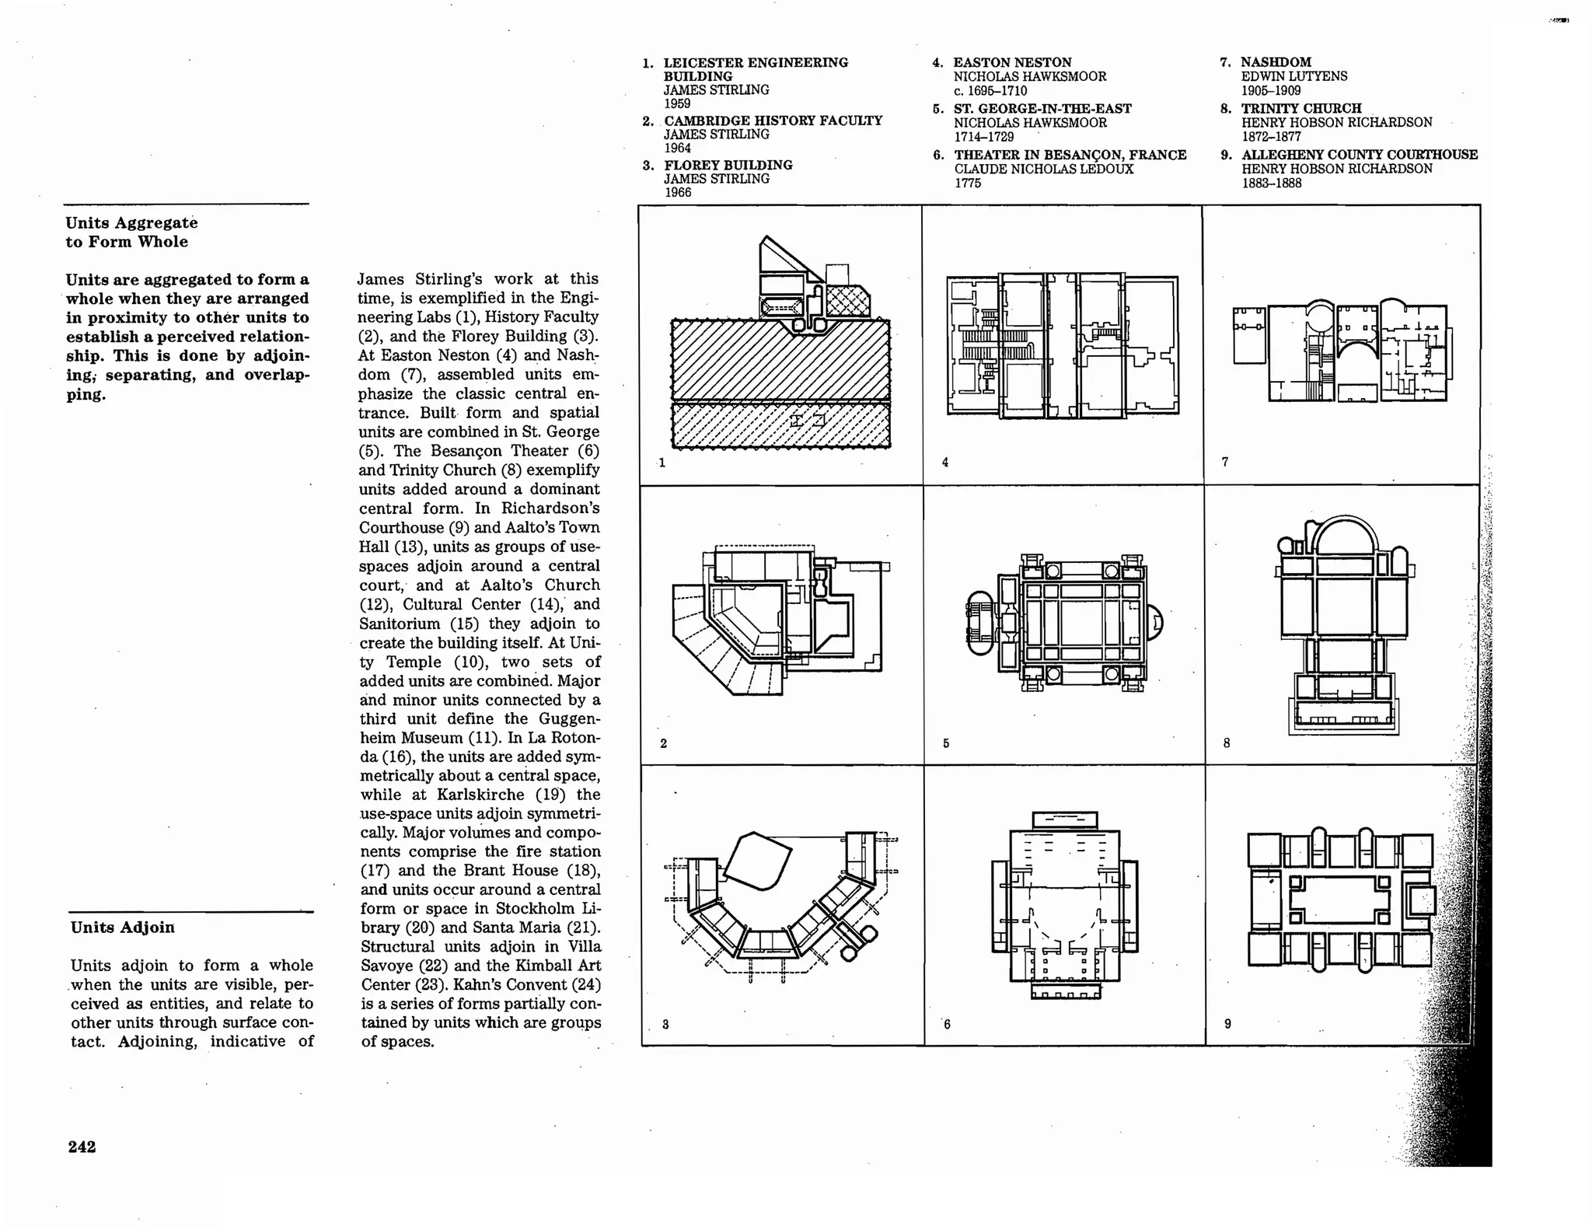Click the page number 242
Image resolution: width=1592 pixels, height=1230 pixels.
[x=82, y=1147]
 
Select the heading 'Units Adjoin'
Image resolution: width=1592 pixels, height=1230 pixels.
[x=122, y=928]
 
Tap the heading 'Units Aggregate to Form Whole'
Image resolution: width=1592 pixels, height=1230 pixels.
[x=131, y=232]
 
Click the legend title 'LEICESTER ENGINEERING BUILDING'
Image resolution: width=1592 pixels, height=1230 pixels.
[x=755, y=69]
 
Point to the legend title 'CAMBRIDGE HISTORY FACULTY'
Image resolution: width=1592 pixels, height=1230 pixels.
[x=773, y=121]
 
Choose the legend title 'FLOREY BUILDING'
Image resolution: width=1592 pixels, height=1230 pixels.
[x=728, y=165]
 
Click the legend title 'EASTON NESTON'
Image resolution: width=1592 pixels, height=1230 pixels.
[x=1012, y=62]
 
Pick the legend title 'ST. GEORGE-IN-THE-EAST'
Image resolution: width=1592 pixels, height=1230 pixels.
[x=1042, y=109]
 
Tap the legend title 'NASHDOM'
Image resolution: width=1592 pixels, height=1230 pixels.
[x=1276, y=62]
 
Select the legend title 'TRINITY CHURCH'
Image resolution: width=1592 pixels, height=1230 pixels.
[x=1300, y=109]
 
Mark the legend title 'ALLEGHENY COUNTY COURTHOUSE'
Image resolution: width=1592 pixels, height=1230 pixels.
[x=1359, y=155]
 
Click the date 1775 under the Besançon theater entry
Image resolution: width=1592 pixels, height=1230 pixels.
[x=967, y=183]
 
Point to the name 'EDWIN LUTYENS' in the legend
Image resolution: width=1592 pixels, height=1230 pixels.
[x=1293, y=76]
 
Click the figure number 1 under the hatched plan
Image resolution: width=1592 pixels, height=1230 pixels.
[x=662, y=463]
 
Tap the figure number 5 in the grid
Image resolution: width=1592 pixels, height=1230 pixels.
[x=945, y=743]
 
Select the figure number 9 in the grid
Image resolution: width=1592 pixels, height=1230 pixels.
[x=1227, y=1024]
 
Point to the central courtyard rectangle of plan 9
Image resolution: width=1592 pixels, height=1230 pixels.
[x=1339, y=900]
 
